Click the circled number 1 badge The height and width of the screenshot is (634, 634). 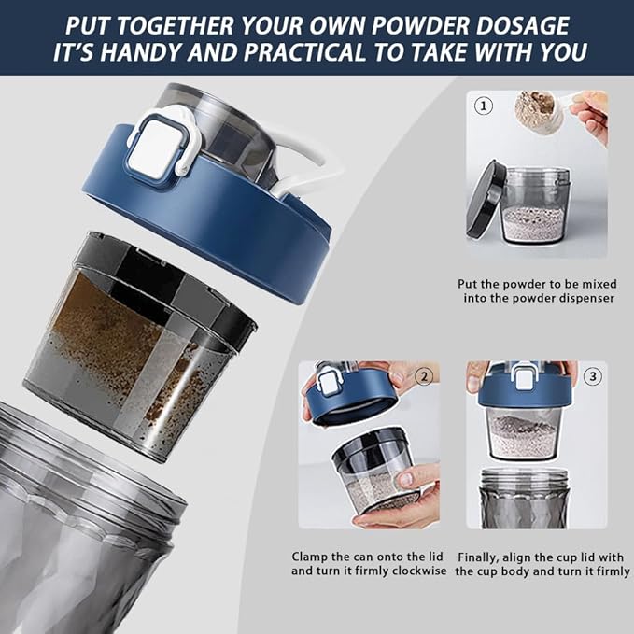[x=483, y=106]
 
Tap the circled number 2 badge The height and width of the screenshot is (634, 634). [x=425, y=376]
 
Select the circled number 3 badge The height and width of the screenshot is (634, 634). [x=592, y=376]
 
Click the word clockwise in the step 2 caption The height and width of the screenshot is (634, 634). [x=413, y=571]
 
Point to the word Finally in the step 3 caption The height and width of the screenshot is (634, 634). [x=481, y=556]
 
